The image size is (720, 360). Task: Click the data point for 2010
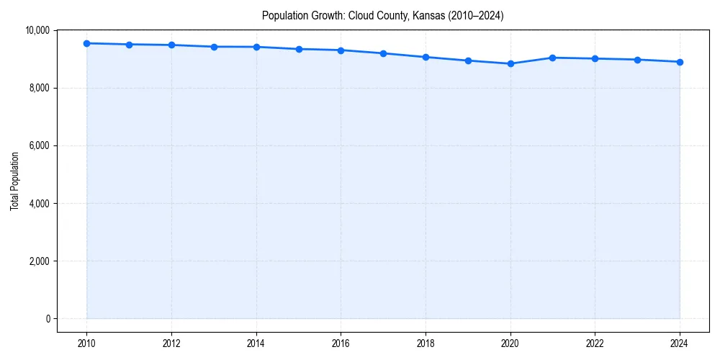tap(87, 43)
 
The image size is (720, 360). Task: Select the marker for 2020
tap(510, 63)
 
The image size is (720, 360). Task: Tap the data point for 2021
tap(553, 58)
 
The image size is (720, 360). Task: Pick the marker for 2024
tap(680, 62)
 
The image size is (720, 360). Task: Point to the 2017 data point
tap(383, 53)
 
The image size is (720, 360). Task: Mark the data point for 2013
tap(214, 47)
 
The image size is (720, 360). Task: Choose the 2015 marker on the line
tap(299, 49)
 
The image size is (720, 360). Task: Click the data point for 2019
tap(468, 60)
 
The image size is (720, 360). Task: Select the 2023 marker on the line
tap(637, 60)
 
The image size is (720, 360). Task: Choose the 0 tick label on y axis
tap(48, 319)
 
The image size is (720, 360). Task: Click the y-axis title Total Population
tap(14, 181)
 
